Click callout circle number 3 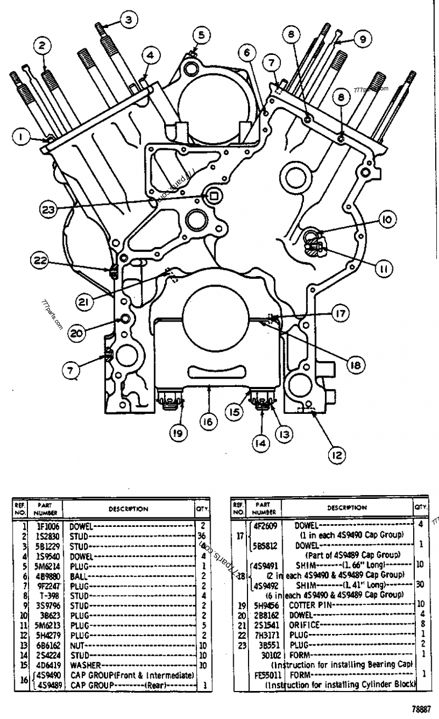click(127, 20)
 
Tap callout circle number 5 click(201, 36)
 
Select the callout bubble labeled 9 click(362, 39)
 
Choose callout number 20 click(76, 332)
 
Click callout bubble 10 click(386, 220)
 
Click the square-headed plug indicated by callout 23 click(213, 195)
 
